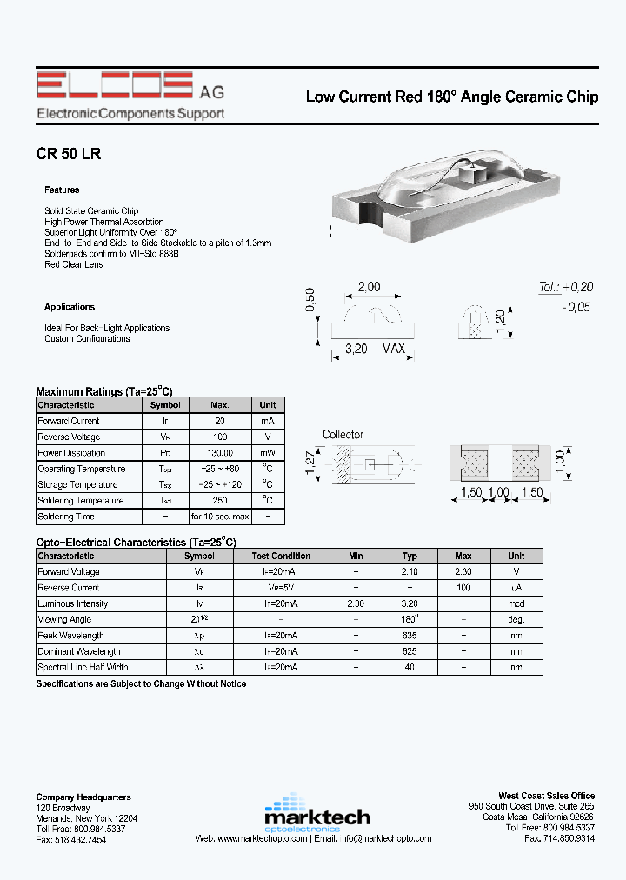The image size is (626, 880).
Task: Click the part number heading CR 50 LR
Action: tap(69, 154)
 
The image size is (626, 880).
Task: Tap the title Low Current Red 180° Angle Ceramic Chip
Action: tap(451, 97)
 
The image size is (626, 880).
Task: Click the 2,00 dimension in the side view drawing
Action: tap(369, 288)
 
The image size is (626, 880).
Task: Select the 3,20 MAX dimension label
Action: tap(376, 349)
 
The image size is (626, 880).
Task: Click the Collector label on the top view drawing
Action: tap(343, 435)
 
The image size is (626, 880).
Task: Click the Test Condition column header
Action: tap(281, 556)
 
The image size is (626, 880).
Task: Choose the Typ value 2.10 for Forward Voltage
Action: tap(410, 572)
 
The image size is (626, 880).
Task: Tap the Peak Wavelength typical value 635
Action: tap(410, 636)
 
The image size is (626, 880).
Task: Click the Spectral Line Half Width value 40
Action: tap(410, 668)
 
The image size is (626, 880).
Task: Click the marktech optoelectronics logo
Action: tap(316, 812)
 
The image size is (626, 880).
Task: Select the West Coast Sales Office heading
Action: tap(546, 796)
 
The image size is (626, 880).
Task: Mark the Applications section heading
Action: tap(70, 307)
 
